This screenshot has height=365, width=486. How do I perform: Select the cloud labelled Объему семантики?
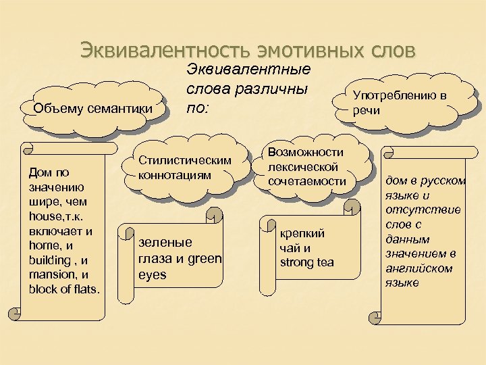[x=92, y=108]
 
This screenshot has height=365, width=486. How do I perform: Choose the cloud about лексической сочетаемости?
[x=306, y=167]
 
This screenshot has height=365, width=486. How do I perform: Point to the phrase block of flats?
[x=65, y=290]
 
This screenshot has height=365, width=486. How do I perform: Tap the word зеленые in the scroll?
[x=165, y=242]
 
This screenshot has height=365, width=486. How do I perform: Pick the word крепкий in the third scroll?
[x=302, y=233]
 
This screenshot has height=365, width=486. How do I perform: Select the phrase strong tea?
[x=307, y=262]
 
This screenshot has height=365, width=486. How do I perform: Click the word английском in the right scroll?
[x=411, y=268]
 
